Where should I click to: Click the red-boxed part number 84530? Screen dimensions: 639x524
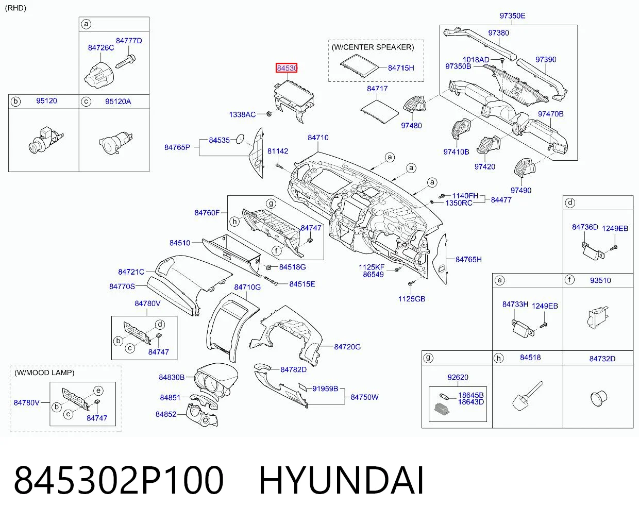287,68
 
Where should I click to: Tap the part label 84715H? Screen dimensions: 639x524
401,68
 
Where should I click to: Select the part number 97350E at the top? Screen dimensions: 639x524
512,16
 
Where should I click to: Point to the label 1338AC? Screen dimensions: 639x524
242,114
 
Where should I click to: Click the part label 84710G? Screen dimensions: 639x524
247,287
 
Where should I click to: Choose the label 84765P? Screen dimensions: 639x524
177,147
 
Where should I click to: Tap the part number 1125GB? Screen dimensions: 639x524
412,299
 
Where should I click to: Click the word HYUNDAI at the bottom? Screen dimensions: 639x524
342,480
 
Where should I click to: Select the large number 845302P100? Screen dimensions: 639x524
119,480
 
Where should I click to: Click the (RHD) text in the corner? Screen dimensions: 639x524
16,8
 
